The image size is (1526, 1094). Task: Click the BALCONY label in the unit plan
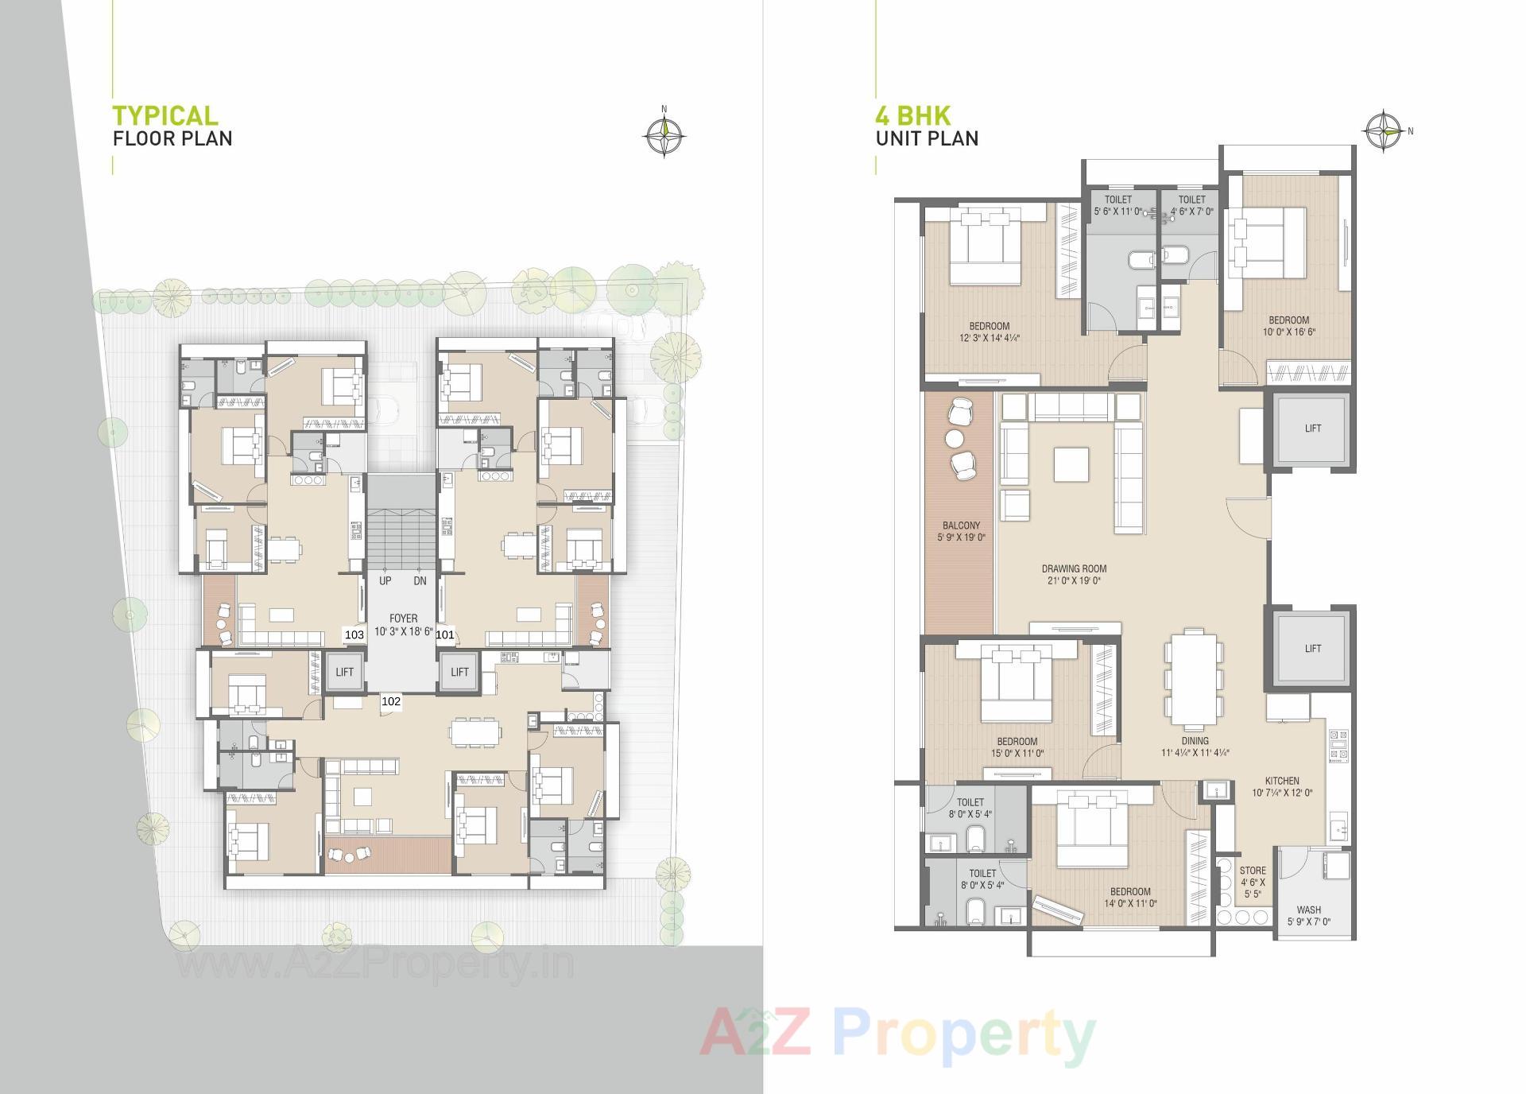(x=961, y=526)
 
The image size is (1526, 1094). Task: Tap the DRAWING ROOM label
(x=1074, y=568)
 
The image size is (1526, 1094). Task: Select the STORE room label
(x=1253, y=871)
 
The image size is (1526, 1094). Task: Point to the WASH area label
(x=1308, y=910)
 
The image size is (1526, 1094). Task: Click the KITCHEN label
(x=1282, y=781)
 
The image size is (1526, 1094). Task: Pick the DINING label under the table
(x=1195, y=741)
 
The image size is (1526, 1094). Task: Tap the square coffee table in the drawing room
(x=1071, y=464)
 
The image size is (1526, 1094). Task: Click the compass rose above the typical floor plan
(x=664, y=136)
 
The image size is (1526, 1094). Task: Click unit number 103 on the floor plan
(x=354, y=634)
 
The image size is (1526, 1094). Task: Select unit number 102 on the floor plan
(x=391, y=701)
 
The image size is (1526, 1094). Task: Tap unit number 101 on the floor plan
(x=445, y=634)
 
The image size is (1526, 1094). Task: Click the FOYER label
(x=403, y=618)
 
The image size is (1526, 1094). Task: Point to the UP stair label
(x=385, y=581)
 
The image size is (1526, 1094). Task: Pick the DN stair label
(x=420, y=581)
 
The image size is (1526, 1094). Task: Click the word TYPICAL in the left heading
(x=165, y=116)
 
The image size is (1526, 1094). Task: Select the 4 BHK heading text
(x=913, y=116)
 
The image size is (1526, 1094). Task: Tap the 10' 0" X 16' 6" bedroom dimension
(x=1288, y=332)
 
